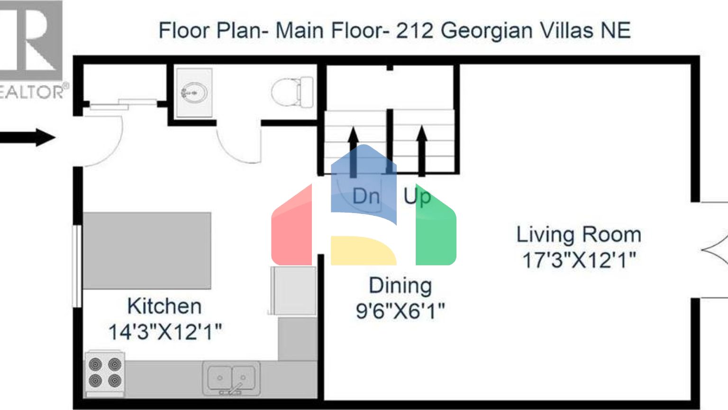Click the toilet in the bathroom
(292, 92)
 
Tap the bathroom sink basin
(194, 93)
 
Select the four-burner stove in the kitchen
(105, 374)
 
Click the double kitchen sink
(231, 378)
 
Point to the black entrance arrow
(27, 137)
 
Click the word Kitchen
(164, 306)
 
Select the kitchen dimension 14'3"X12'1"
(165, 332)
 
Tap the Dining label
(400, 285)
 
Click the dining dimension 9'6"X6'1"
(400, 311)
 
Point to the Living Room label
(579, 234)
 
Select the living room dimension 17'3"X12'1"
(579, 260)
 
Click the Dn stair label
(366, 196)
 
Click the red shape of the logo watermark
(291, 228)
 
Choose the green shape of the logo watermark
(436, 228)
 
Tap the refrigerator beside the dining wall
(293, 290)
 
